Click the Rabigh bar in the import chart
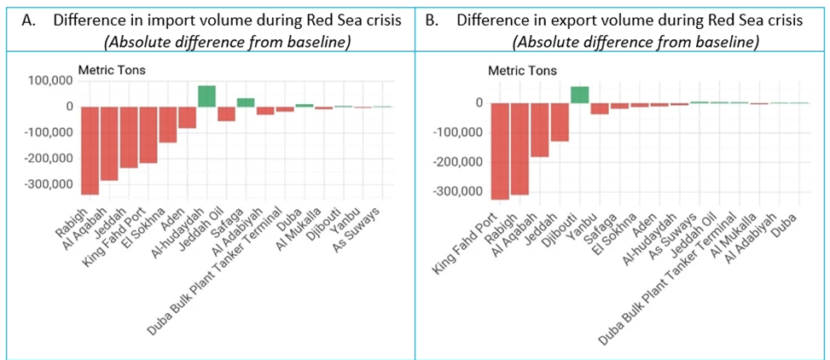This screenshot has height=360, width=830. pyautogui.click(x=90, y=150)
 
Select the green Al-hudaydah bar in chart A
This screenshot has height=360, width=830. pyautogui.click(x=206, y=96)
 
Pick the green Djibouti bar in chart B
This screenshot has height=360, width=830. pyautogui.click(x=579, y=95)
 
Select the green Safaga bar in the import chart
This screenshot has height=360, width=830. pyautogui.click(x=246, y=102)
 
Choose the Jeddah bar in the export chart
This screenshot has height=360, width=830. pyautogui.click(x=560, y=122)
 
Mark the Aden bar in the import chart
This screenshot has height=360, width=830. pyautogui.click(x=187, y=117)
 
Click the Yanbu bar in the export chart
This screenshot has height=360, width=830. pyautogui.click(x=600, y=108)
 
